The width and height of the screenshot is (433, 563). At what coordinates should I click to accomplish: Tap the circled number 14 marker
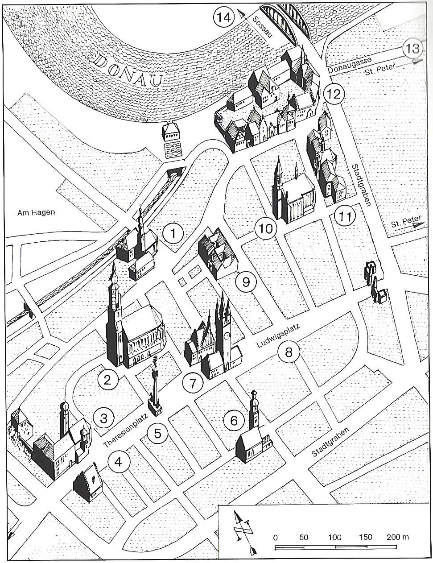(x=223, y=18)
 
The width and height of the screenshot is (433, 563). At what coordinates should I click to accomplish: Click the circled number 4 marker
(x=118, y=462)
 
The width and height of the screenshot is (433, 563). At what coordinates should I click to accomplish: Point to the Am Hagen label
(x=36, y=213)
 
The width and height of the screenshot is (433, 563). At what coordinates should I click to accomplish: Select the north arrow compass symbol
(x=243, y=531)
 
